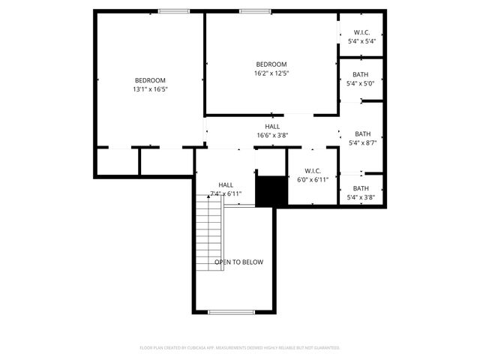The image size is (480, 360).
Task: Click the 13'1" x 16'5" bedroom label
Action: click(150, 85)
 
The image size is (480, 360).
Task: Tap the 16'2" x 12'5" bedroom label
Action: click(271, 69)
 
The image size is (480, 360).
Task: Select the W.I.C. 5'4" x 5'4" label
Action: click(361, 36)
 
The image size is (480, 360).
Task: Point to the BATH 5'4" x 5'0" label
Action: click(361, 79)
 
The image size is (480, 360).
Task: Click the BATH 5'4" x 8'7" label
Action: click(362, 138)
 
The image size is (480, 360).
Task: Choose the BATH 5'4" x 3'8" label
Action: click(361, 193)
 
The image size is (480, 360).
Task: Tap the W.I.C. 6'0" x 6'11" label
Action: click(313, 175)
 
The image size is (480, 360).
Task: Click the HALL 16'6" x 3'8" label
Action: click(272, 131)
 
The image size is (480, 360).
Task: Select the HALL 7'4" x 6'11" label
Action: click(225, 189)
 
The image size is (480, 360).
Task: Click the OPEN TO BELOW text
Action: click(238, 262)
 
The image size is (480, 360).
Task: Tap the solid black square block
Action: click(271, 190)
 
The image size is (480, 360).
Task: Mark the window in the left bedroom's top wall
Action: click(173, 11)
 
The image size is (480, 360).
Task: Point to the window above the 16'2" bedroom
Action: click(255, 11)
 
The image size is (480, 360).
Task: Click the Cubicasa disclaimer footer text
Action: click(240, 348)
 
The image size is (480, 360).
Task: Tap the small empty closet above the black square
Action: click(271, 161)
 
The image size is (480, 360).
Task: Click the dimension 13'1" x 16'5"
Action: click(150, 89)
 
